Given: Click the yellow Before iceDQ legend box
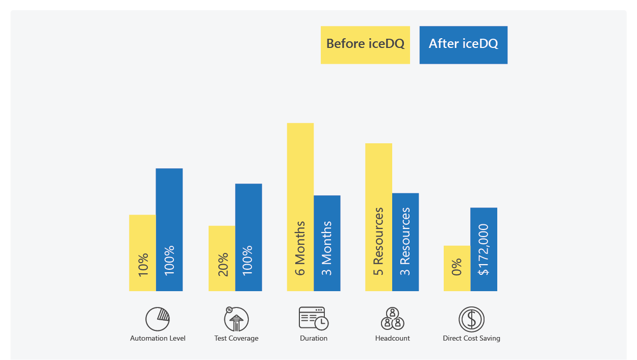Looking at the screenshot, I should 365,45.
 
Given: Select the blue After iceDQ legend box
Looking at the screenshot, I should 463,45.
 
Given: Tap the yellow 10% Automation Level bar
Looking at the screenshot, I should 142,253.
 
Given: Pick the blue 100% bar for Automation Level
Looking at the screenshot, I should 169,229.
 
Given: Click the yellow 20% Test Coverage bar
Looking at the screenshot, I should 222,259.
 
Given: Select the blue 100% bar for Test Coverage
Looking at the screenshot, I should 248,237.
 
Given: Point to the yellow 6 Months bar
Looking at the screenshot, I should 300,207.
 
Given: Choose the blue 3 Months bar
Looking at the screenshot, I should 327,243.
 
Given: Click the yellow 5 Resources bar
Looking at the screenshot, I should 378,217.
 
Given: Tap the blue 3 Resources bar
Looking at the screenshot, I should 405,242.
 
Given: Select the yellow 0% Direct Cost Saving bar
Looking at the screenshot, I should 457,268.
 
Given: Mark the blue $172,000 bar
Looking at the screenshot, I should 483,249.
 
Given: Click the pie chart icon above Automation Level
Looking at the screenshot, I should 157,319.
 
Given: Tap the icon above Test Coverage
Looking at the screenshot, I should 236,319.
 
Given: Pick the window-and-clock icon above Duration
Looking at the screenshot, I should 314,318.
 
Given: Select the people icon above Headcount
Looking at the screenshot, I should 392,319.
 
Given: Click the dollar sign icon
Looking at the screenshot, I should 471,319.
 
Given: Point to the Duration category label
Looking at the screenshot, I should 314,338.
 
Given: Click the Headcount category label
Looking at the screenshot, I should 392,338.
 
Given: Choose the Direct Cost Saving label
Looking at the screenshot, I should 471,338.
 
